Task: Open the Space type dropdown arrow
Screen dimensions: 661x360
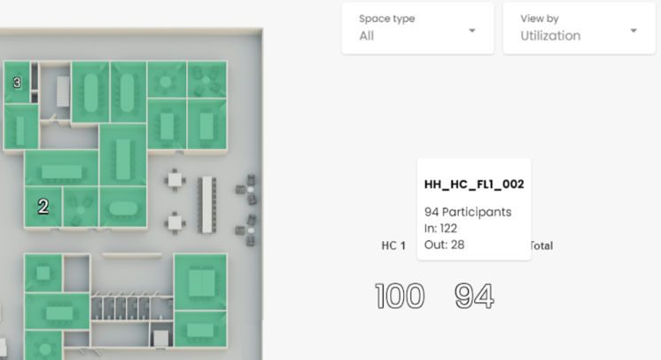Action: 472,30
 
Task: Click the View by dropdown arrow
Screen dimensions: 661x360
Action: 634,30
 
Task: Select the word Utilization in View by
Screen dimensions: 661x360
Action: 550,35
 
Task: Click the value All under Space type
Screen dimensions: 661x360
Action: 366,35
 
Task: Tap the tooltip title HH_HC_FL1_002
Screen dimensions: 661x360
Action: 474,184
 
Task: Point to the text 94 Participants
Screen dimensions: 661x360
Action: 468,212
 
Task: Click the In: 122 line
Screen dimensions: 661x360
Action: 440,228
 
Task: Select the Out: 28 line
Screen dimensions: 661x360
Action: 444,245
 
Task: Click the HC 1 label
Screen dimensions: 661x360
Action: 393,246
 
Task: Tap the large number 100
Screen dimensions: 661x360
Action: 400,296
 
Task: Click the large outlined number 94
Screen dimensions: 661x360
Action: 474,296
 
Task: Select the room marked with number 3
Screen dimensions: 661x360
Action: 17,82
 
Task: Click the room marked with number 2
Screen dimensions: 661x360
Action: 43,207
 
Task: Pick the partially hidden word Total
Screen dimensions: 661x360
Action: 541,246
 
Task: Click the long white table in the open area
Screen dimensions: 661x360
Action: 206,205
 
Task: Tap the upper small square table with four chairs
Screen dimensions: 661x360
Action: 175,180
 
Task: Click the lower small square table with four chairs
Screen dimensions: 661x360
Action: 175,222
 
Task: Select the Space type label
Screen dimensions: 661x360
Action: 386,19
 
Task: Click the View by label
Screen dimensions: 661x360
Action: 540,19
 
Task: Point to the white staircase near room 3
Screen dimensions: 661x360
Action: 63,91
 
